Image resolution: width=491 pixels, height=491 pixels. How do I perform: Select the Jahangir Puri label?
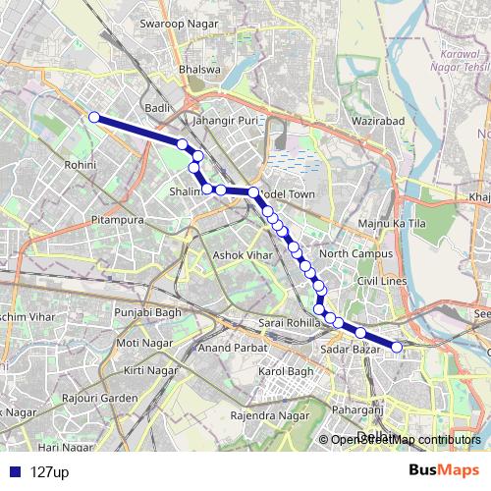[x=226, y=120]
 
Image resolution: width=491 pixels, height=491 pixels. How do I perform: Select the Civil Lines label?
[x=381, y=281]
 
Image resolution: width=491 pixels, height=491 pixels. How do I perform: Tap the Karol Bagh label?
[x=285, y=372]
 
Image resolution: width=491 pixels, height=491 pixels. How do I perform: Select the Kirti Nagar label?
[x=147, y=369]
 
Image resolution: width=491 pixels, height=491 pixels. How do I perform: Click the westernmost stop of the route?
[x=94, y=118]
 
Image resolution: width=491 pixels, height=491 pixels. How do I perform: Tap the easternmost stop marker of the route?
[x=398, y=347]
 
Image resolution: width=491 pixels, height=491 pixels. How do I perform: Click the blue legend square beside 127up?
[x=13, y=471]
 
